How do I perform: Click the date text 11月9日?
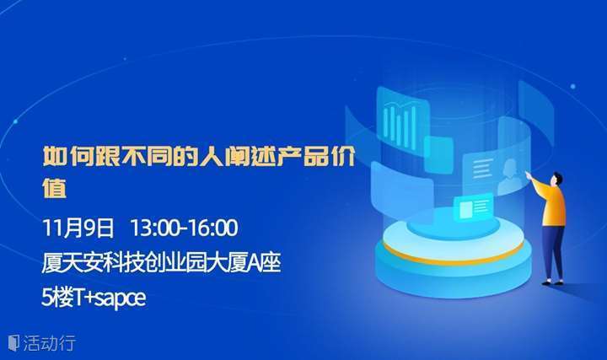point(78,228)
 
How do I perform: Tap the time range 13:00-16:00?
point(184,228)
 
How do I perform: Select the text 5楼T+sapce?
point(94,298)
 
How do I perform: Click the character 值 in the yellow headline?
point(54,188)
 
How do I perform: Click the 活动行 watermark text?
point(49,343)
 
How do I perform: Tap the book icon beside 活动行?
point(13,343)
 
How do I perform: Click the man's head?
point(557,179)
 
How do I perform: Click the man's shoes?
point(552,282)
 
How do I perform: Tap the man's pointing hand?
point(528,174)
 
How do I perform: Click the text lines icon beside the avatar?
point(481,168)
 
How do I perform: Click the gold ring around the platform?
point(454,257)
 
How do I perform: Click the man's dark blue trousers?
point(554,251)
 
